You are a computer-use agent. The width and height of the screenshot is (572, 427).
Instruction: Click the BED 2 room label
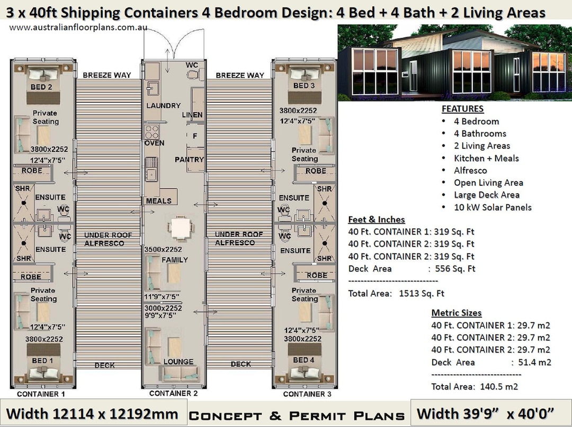[x=41, y=87]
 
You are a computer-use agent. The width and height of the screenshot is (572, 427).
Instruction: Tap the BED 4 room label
[x=303, y=360]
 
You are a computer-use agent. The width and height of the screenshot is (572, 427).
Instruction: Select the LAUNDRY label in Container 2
[x=163, y=106]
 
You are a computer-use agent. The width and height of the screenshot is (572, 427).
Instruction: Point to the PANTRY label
[x=189, y=159]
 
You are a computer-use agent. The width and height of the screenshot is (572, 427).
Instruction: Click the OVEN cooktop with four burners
[x=152, y=131]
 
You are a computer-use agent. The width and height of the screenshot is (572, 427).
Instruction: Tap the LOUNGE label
[x=178, y=362]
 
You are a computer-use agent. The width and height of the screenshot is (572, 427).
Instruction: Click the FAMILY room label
[x=175, y=260]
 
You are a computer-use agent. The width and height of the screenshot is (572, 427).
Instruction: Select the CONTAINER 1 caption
[x=41, y=394]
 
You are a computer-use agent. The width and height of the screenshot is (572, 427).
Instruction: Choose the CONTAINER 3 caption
[x=307, y=394]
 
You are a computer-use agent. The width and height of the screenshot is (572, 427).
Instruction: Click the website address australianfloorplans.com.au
[x=78, y=27]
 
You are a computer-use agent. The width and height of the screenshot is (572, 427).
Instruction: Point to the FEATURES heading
[x=462, y=109]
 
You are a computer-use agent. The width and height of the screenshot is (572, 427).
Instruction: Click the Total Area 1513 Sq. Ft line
[x=396, y=294]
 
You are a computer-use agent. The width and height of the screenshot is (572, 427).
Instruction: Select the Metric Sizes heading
[x=457, y=313]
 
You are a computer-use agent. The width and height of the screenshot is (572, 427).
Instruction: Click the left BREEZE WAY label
[x=106, y=75]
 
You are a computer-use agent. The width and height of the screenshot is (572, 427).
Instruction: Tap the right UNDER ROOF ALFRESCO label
[x=238, y=238]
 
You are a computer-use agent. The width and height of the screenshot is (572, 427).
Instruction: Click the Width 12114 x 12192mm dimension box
[x=92, y=413]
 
